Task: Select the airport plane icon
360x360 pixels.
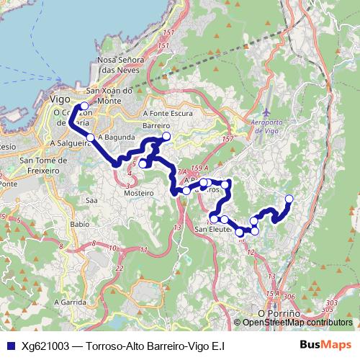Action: (x=266, y=113)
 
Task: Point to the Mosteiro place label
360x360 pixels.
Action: (x=140, y=193)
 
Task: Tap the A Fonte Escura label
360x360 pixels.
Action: (x=167, y=113)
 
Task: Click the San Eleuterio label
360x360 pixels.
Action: (x=214, y=230)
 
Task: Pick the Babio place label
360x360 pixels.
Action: (x=80, y=225)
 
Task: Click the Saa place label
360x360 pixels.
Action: (x=91, y=200)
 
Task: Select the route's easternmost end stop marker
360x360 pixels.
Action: (x=289, y=199)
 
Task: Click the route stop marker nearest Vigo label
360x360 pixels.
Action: (x=84, y=107)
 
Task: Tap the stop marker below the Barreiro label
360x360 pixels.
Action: (x=166, y=136)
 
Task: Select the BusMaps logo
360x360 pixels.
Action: (x=326, y=346)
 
